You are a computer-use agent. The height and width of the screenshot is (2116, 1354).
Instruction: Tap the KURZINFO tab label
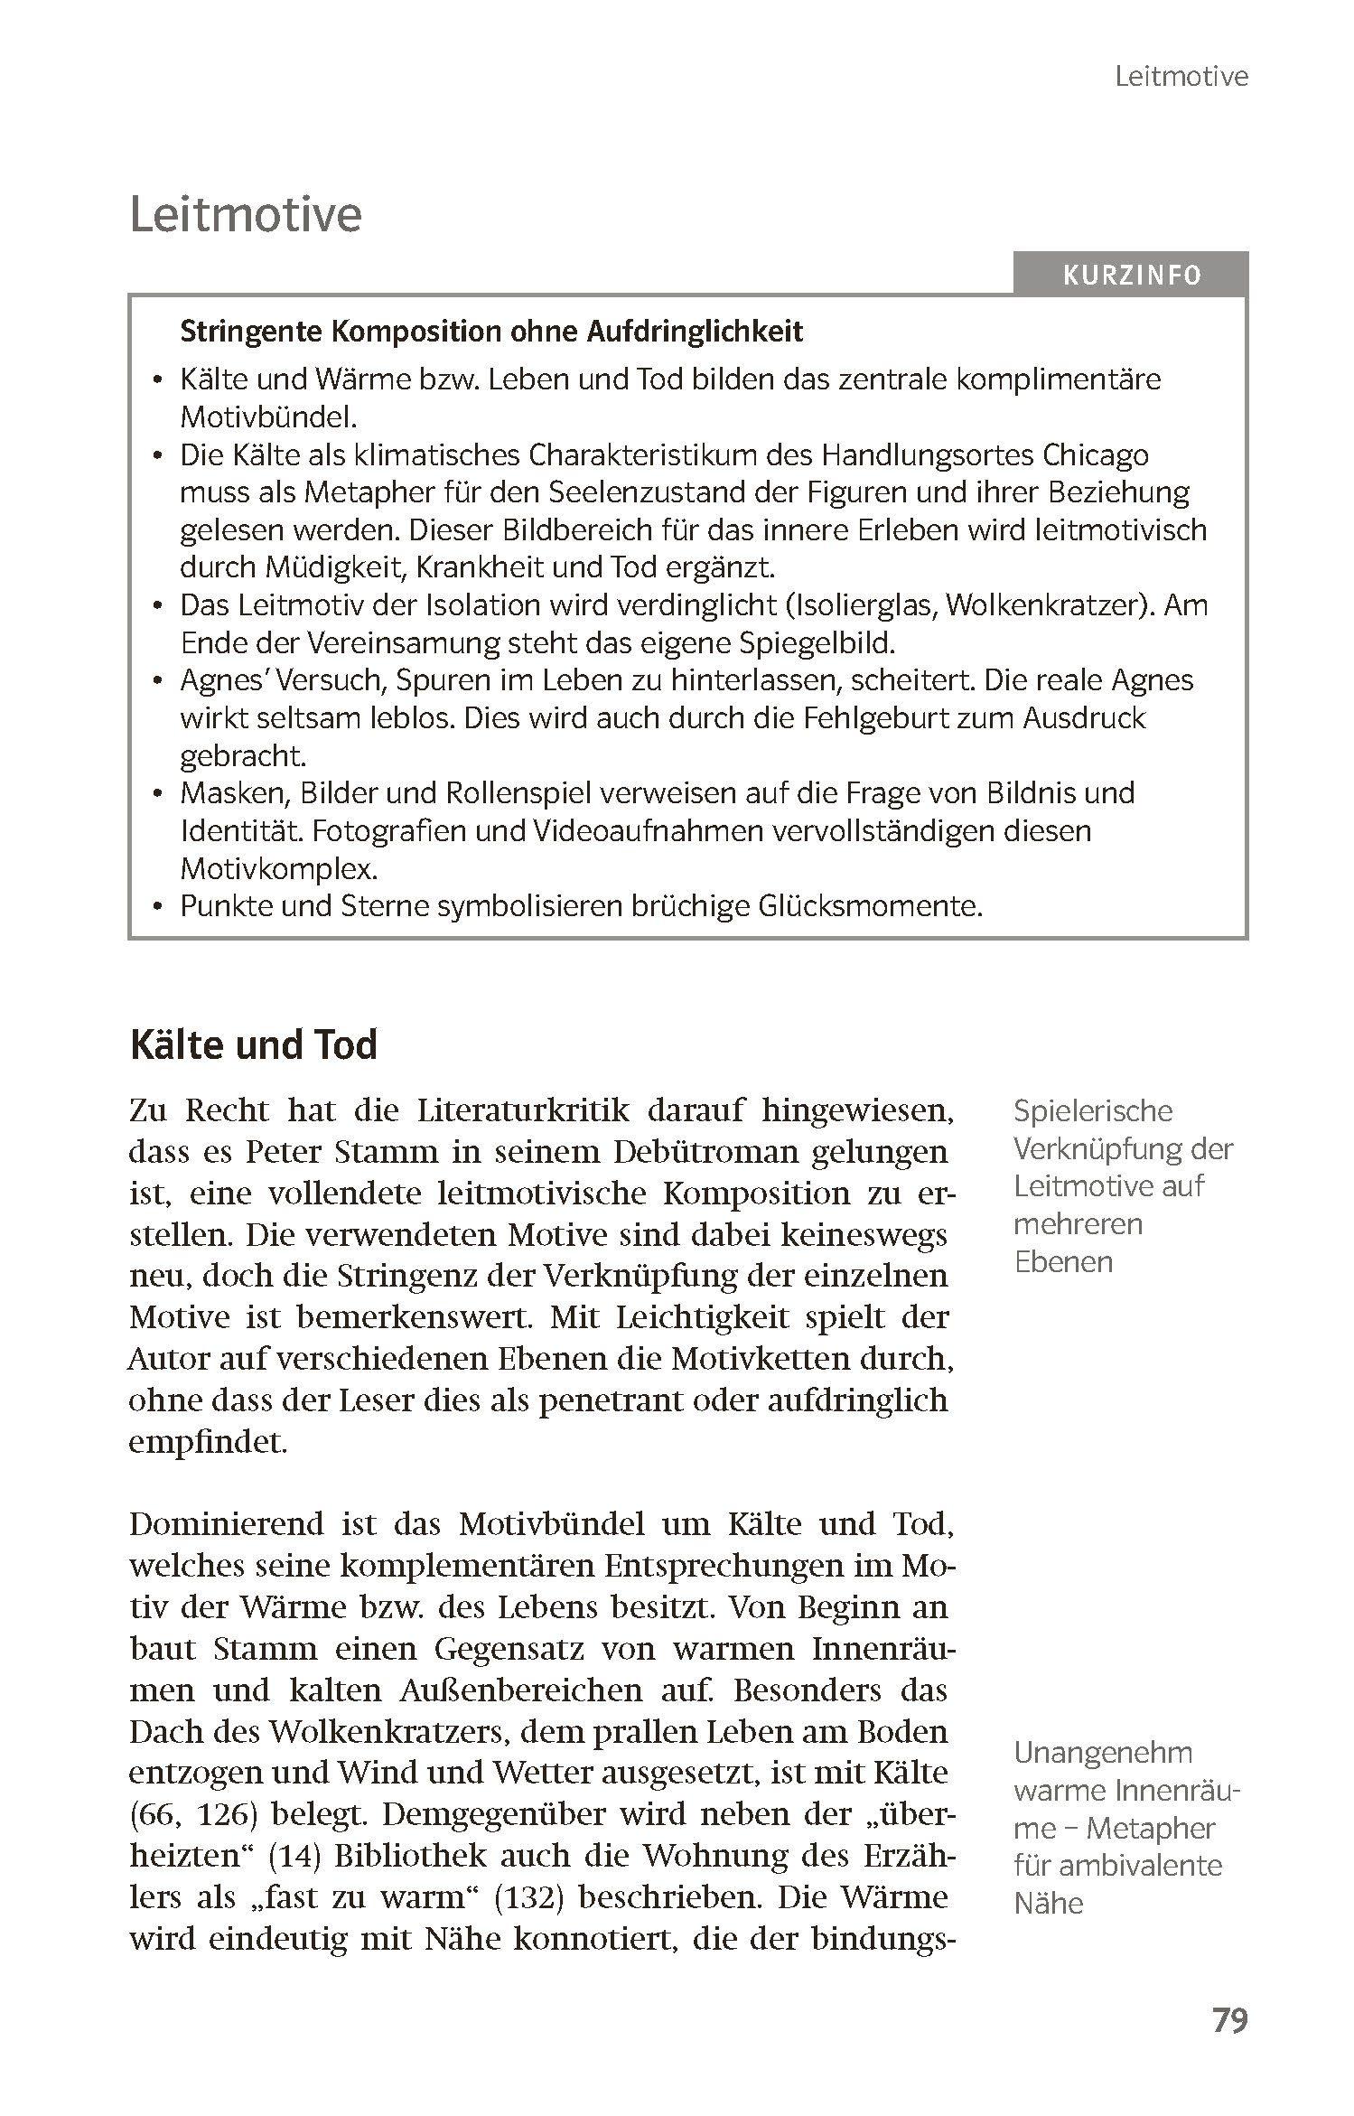pos(1132,275)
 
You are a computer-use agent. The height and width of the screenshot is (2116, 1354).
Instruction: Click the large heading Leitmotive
pos(246,215)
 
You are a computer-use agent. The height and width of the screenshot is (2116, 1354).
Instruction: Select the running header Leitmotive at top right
pos(1181,77)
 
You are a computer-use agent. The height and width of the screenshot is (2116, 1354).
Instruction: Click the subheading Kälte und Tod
pos(254,1044)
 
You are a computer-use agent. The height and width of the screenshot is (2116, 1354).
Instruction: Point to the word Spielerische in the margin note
pos(1093,1110)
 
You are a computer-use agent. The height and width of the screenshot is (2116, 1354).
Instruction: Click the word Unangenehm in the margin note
pos(1103,1752)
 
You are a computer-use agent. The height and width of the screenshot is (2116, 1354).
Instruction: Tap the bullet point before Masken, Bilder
pos(159,793)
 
